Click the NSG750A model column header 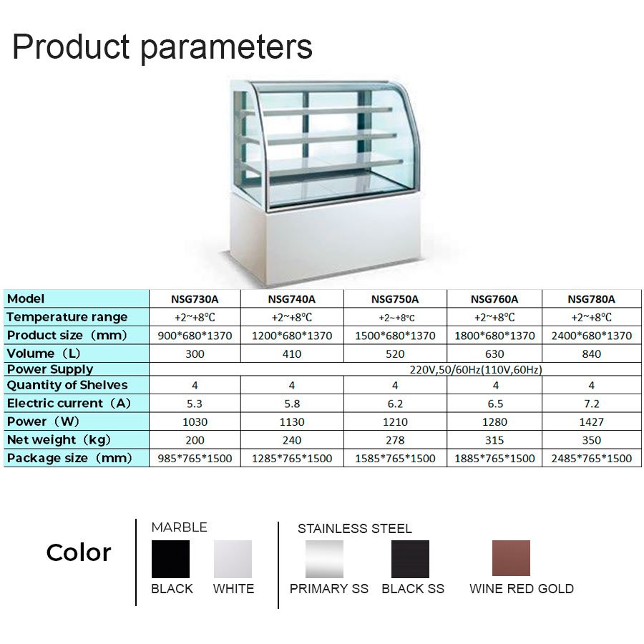click(395, 299)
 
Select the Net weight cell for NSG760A click(494, 440)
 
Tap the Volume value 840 click(592, 353)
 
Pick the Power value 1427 click(592, 421)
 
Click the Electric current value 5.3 click(194, 404)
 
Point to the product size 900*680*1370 click(195, 336)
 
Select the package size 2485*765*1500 click(592, 459)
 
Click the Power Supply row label click(50, 369)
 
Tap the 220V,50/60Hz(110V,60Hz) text click(476, 370)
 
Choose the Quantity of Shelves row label click(67, 385)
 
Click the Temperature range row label click(67, 317)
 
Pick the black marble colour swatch click(170, 559)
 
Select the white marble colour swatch click(233, 559)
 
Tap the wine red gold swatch click(511, 557)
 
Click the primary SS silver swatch click(324, 559)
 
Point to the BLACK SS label click(413, 589)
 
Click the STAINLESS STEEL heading click(355, 528)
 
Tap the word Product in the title click(71, 46)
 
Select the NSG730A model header click(195, 299)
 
